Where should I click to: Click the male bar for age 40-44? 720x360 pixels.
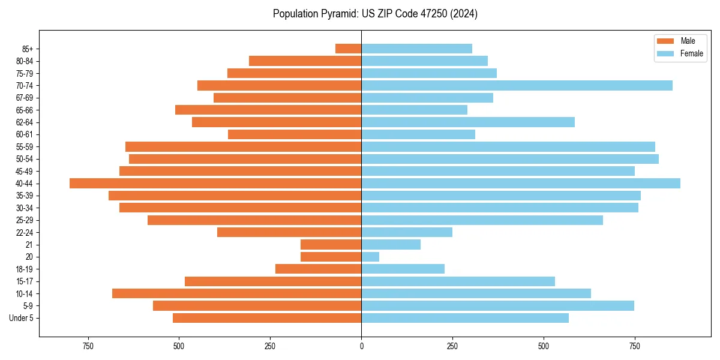coord(215,184)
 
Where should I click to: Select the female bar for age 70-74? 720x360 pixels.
coord(517,85)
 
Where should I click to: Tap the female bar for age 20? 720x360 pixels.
coord(370,257)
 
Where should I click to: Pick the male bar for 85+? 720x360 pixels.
coord(348,49)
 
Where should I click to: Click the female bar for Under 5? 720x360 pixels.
coord(465,318)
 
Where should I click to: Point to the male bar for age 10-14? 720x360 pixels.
coord(236,293)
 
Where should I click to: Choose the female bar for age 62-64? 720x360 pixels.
coord(468,122)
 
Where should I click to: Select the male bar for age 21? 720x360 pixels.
coord(331,245)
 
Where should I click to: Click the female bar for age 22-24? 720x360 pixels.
coord(407,232)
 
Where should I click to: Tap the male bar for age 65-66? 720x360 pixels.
coord(268,110)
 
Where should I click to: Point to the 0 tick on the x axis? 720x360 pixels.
coord(361,346)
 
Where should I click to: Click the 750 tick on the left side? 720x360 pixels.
coord(88,346)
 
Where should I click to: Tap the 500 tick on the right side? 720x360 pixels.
coord(544,346)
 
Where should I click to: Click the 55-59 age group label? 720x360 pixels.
coord(25,147)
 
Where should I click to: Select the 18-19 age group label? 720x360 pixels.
coord(25,269)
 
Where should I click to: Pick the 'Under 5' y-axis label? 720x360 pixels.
coord(22,318)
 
